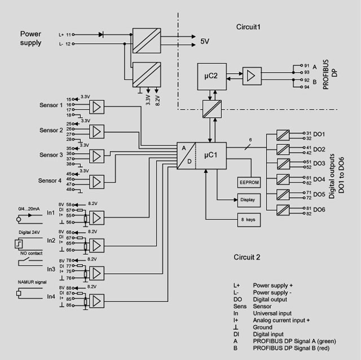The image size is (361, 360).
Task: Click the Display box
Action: point(248,199)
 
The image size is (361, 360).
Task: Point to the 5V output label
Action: point(205,41)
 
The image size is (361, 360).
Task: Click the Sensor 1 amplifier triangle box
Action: point(98,106)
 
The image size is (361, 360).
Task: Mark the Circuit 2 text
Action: point(247,257)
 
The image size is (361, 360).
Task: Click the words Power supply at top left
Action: point(31,38)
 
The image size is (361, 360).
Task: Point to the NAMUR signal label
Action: point(32,281)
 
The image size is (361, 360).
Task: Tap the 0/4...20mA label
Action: point(29,208)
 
